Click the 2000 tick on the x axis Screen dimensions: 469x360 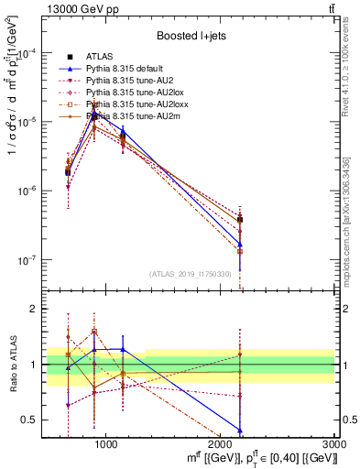pos(222,444)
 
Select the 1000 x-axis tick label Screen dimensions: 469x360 pos(106,444)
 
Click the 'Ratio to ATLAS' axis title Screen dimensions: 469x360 pos(12,365)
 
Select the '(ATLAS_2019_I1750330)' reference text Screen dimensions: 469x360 pos(191,274)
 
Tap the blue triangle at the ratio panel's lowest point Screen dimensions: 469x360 pos(240,431)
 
